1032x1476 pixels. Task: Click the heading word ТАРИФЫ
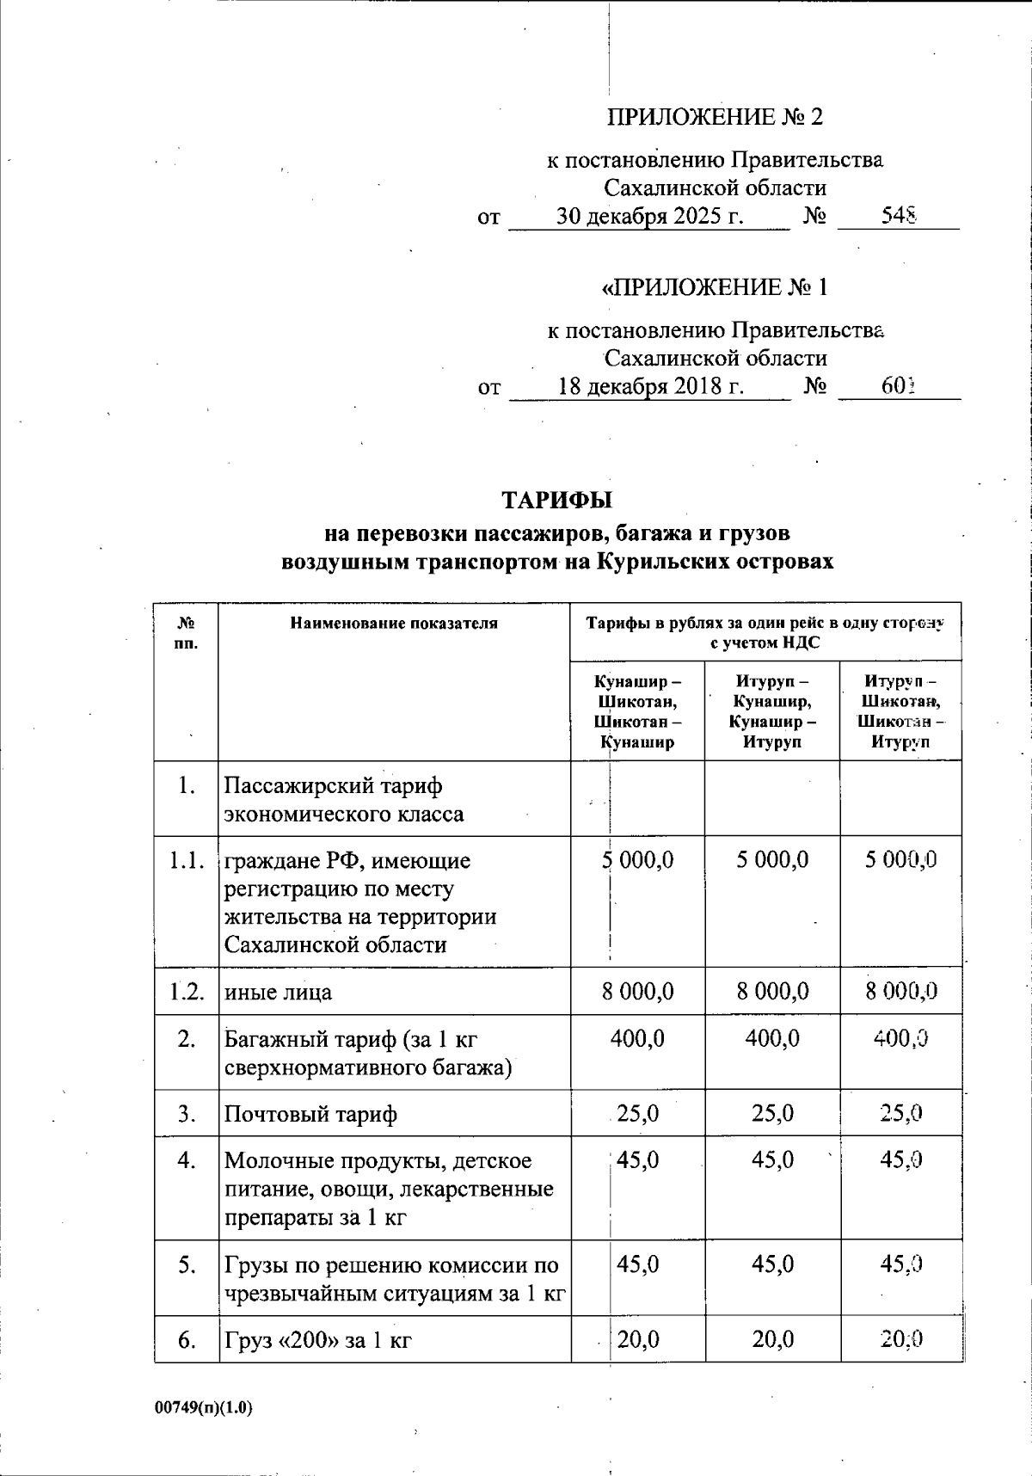(x=556, y=500)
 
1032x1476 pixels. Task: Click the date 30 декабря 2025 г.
(x=649, y=216)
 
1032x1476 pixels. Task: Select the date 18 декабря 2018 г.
(x=651, y=386)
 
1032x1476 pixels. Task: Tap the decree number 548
(x=899, y=216)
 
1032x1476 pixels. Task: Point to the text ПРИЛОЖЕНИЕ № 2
(x=715, y=117)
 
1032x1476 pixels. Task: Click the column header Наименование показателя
(x=394, y=624)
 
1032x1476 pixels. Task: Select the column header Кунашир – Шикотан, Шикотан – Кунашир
(x=637, y=711)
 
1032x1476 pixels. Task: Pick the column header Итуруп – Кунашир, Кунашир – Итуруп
(x=772, y=711)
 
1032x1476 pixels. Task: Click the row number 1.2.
(x=187, y=992)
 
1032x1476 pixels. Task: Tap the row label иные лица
(x=278, y=993)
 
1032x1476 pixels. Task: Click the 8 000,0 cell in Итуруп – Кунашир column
(x=772, y=992)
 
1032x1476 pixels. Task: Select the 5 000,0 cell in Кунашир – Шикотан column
(x=638, y=860)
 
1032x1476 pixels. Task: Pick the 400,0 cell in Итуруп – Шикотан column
(x=900, y=1039)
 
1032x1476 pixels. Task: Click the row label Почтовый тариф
(x=310, y=1115)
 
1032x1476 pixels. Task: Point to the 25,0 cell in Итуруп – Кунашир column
(x=772, y=1114)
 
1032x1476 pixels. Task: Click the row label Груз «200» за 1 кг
(x=317, y=1339)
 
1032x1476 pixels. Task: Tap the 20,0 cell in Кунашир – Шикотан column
(x=638, y=1339)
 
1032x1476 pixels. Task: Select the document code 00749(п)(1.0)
(x=204, y=1408)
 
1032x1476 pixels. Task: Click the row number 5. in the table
(x=187, y=1265)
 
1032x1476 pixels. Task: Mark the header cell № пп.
(x=186, y=633)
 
